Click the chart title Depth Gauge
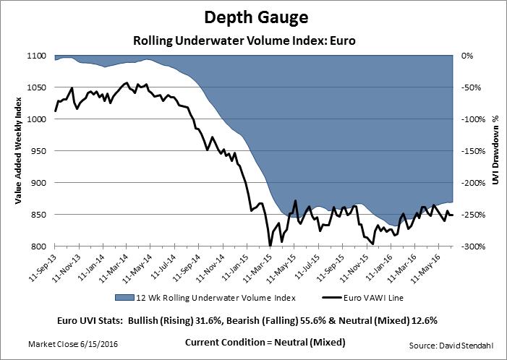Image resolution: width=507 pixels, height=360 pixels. (x=252, y=17)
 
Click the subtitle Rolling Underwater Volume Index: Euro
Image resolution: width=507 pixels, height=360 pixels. (x=253, y=40)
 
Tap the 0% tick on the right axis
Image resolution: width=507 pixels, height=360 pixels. (x=467, y=56)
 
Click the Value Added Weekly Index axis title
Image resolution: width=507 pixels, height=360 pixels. (x=16, y=151)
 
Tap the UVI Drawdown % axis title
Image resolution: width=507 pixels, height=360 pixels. (x=495, y=151)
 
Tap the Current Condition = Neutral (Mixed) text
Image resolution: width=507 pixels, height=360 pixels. (x=265, y=341)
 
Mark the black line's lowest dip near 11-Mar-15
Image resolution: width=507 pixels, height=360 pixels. (x=270, y=246)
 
